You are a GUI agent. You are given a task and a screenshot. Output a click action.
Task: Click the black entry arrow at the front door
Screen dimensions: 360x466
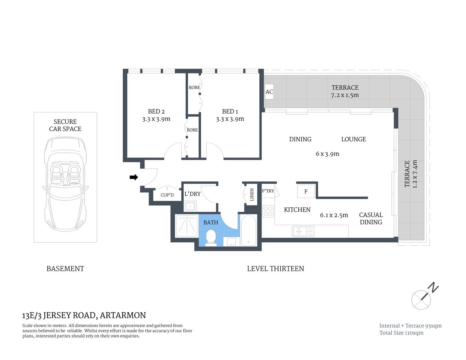[134, 177]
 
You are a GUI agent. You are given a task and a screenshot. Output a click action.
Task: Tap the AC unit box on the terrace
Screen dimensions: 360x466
[269, 92]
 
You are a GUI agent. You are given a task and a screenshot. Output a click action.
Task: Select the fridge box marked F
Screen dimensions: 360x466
[306, 192]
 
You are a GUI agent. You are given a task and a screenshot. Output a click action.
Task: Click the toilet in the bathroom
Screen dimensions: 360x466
[211, 238]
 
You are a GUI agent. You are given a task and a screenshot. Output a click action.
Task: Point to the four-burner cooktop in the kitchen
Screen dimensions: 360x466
[268, 211]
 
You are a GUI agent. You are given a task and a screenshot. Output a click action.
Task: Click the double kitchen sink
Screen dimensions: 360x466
[303, 231]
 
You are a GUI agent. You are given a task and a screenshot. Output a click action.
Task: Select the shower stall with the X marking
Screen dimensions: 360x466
[186, 225]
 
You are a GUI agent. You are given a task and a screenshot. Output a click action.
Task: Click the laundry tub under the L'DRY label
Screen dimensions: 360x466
[190, 206]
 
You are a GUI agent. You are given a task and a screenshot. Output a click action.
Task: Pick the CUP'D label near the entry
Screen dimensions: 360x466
[167, 195]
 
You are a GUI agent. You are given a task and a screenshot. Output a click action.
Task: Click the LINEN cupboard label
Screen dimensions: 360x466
[252, 195]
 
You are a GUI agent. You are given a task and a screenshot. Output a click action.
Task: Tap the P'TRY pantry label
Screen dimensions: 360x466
[268, 191]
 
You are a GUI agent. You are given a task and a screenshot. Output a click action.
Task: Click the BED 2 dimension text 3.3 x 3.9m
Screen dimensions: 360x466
[156, 119]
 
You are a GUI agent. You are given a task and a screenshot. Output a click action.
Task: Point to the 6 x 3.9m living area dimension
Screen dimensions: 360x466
[327, 154]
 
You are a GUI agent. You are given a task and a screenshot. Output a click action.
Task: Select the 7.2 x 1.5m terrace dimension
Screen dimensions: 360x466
[345, 95]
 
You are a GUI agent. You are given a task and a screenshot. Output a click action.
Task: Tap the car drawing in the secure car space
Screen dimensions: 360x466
[65, 184]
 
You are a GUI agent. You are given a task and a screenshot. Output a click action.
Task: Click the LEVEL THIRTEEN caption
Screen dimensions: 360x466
[275, 268]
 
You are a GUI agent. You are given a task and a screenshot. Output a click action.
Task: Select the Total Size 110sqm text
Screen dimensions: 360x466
[401, 333]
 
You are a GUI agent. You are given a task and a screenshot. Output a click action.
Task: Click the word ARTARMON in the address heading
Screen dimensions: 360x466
[123, 315]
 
